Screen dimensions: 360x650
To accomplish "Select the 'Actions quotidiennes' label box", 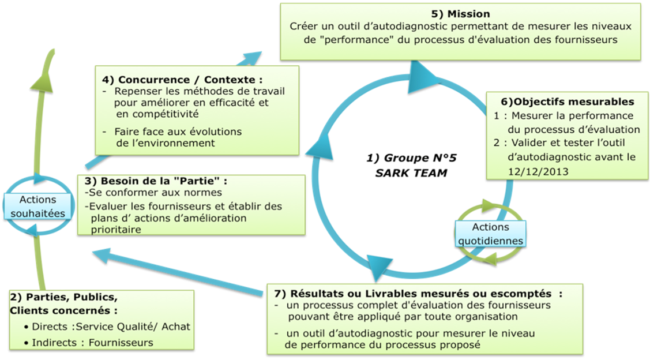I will click(490, 234).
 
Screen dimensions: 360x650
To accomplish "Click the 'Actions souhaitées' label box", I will click(37, 206).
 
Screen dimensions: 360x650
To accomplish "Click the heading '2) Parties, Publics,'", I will click(65, 298).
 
